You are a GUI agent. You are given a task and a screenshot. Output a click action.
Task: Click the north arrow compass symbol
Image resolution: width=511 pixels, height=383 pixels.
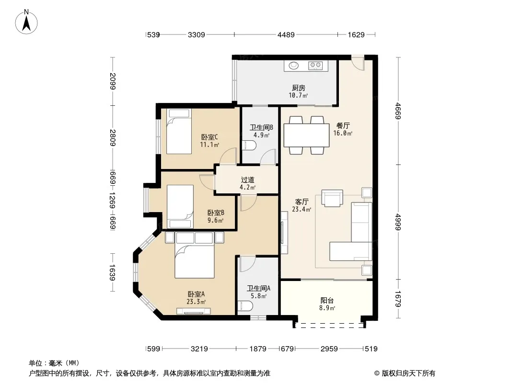pyautogui.click(x=26, y=22)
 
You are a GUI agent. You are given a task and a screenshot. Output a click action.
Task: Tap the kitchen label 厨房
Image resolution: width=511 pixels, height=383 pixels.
pyautogui.click(x=299, y=88)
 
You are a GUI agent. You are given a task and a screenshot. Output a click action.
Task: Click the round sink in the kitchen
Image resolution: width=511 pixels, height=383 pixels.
pyautogui.click(x=294, y=66)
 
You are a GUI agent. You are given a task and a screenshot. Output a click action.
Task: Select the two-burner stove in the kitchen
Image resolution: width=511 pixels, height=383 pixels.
pyautogui.click(x=315, y=66)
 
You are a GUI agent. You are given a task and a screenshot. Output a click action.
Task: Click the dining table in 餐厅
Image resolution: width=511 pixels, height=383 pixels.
pyautogui.click(x=306, y=135)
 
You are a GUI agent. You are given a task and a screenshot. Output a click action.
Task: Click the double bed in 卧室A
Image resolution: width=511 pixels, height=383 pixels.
pyautogui.click(x=195, y=255)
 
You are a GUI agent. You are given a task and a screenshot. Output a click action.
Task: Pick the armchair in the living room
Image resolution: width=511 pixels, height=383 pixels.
pyautogui.click(x=332, y=198)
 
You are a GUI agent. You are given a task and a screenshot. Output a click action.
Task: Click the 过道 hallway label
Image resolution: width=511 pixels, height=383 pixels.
pyautogui.click(x=248, y=180)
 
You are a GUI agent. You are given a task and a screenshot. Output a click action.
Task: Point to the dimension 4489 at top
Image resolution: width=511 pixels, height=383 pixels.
pyautogui.click(x=286, y=34)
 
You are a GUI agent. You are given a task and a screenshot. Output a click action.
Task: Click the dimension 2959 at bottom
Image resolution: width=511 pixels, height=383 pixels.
pyautogui.click(x=329, y=349)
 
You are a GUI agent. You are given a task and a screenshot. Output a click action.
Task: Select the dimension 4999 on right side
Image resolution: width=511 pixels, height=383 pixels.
pyautogui.click(x=398, y=222)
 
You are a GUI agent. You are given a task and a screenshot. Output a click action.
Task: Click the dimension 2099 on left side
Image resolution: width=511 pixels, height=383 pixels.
pyautogui.click(x=113, y=81)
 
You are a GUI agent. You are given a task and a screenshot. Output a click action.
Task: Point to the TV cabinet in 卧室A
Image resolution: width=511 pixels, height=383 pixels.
pyautogui.click(x=194, y=311)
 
